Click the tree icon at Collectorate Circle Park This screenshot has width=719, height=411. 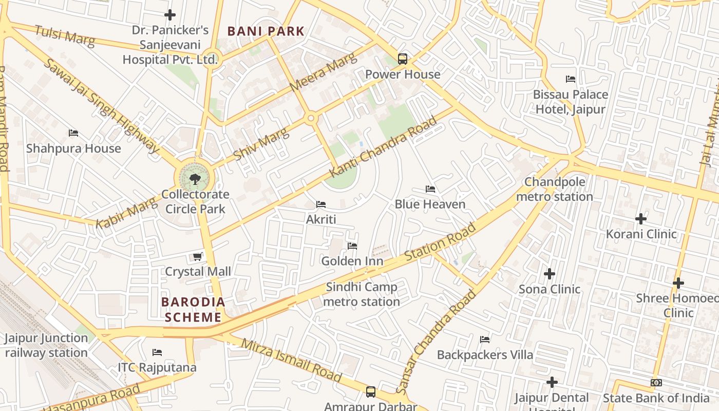coord(195,179)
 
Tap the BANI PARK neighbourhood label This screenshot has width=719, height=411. coord(266,31)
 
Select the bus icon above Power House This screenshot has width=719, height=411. coord(403,59)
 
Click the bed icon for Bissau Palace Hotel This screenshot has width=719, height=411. coord(570,79)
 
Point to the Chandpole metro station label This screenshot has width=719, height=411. coord(554,190)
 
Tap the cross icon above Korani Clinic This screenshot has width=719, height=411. coord(641,219)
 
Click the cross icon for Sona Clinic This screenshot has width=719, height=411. coord(550,274)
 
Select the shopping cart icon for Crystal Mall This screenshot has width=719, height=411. coord(197,256)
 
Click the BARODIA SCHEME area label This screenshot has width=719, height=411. coord(193,310)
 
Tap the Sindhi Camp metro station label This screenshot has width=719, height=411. coord(362,294)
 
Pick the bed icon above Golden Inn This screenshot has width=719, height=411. coord(352,246)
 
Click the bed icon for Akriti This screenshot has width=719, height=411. coord(321,204)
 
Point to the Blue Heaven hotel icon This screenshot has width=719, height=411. coord(430,189)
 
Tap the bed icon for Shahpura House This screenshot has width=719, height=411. coord(73,133)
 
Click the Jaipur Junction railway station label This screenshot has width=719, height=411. coord(46,345)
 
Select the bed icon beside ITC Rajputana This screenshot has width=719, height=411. coord(157,352)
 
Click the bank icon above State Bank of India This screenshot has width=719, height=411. coord(656,383)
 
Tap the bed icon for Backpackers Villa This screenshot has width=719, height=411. coord(484,340)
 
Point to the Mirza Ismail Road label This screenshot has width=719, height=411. coord(291,361)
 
